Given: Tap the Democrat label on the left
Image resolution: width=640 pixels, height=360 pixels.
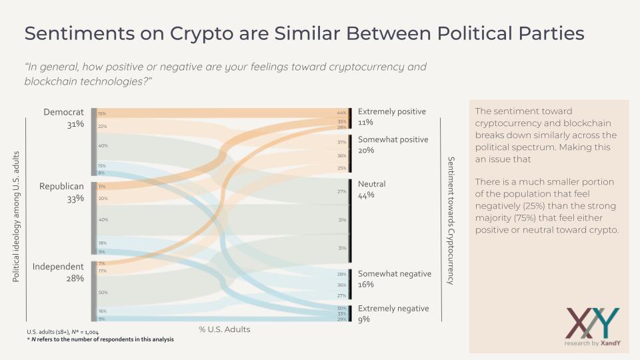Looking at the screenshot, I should click(x=63, y=112).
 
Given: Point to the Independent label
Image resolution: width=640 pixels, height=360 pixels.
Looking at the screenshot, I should click(x=58, y=267).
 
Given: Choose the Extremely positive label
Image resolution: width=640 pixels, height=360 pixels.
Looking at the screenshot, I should click(x=392, y=111).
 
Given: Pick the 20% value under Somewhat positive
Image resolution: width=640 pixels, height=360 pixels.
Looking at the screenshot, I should click(x=366, y=151).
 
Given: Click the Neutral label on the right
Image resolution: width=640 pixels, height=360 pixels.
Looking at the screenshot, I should click(x=372, y=184).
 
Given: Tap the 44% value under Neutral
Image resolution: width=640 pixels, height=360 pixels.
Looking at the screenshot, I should click(x=366, y=195).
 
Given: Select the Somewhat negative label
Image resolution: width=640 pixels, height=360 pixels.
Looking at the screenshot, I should click(x=395, y=273).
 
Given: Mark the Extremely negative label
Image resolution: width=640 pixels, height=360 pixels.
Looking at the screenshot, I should click(x=393, y=308).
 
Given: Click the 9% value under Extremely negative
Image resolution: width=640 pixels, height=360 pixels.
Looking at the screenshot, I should click(x=364, y=319).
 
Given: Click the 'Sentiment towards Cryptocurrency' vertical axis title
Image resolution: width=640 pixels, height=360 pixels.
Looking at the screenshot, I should click(x=451, y=221).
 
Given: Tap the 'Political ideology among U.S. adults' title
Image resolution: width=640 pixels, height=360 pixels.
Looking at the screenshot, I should click(x=17, y=216).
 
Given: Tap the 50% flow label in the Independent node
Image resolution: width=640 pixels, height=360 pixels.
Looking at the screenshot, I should click(x=103, y=292).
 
